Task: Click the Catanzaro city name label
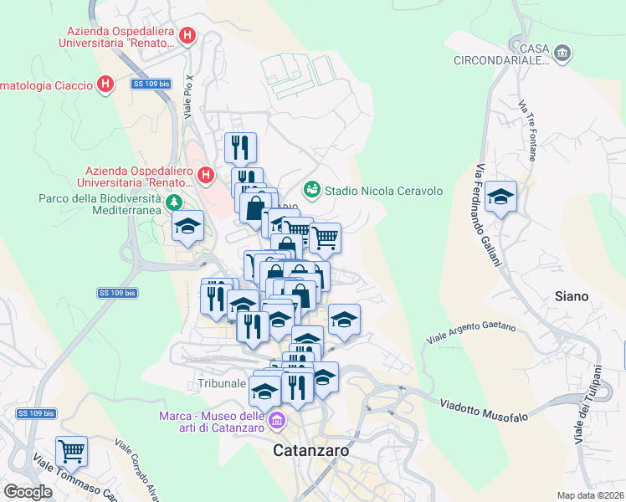(x=312, y=451)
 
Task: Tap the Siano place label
(x=572, y=296)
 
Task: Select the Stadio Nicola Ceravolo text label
(x=383, y=191)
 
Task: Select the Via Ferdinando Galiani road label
(x=488, y=213)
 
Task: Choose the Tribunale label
(x=222, y=383)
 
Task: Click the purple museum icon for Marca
(x=277, y=419)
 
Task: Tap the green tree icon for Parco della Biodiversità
(x=174, y=202)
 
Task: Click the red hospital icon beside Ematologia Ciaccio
(x=105, y=85)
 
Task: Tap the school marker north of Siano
(x=501, y=197)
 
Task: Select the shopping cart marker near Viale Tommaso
(x=72, y=451)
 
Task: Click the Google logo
(x=28, y=492)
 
